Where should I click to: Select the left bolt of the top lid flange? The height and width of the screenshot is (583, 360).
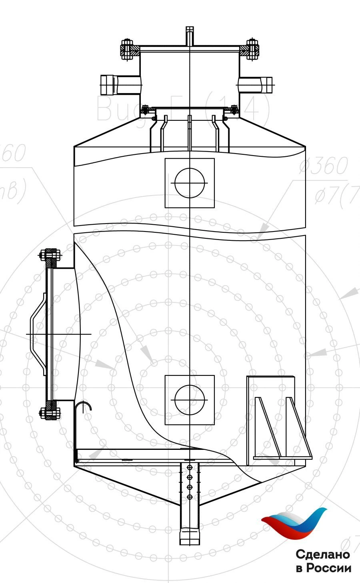pyautogui.click(x=127, y=50)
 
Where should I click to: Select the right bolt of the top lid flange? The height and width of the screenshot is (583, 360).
pyautogui.click(x=252, y=50)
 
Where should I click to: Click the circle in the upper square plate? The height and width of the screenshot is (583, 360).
pyautogui.click(x=190, y=183)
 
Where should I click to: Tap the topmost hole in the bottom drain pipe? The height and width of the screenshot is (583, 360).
pyautogui.click(x=190, y=467)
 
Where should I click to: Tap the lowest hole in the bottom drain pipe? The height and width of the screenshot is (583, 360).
pyautogui.click(x=190, y=497)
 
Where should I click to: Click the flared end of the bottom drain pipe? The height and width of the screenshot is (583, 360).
pyautogui.click(x=190, y=536)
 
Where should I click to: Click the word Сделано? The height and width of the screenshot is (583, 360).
pyautogui.click(x=323, y=555)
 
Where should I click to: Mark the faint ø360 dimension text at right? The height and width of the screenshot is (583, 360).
pyautogui.click(x=323, y=167)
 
